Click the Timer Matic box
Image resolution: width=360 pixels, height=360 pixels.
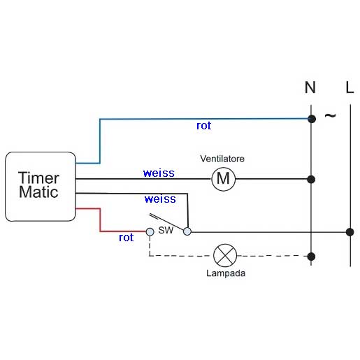[41, 187]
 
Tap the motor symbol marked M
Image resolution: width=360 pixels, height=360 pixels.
[224, 179]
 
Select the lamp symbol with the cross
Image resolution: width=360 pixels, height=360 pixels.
[225, 256]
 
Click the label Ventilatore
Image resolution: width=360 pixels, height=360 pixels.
[222, 159]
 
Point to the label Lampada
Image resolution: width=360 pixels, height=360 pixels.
[226, 273]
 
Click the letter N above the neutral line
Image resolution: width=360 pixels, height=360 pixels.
[310, 87]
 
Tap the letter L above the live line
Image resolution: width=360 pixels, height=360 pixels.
[350, 87]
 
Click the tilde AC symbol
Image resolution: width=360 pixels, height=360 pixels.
[331, 115]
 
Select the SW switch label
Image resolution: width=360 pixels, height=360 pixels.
[166, 230]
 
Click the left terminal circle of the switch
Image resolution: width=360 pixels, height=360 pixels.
[150, 232]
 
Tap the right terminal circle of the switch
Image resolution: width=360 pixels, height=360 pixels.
[187, 231]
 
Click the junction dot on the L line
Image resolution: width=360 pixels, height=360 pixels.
[350, 232]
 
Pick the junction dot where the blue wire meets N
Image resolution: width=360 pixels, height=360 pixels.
[312, 119]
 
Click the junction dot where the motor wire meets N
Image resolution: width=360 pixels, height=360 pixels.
[311, 180]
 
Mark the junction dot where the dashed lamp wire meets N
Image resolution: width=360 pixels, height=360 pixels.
[311, 257]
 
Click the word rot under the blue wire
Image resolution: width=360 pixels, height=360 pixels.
[204, 126]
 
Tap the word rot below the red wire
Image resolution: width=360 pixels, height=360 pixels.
[126, 238]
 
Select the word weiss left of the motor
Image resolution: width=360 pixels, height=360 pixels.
[159, 173]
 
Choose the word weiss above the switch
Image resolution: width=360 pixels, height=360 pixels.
[160, 199]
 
